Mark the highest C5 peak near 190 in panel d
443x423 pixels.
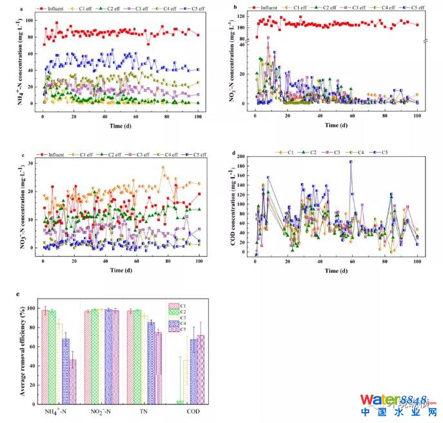[351, 162]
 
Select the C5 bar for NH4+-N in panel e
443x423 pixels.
[72, 380]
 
